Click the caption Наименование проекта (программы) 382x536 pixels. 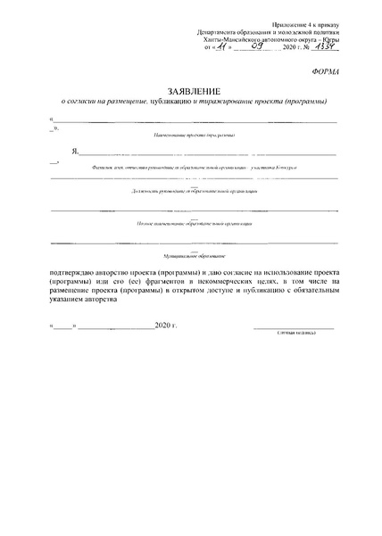coord(194,135)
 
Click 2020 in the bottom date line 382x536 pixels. coord(164,328)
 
